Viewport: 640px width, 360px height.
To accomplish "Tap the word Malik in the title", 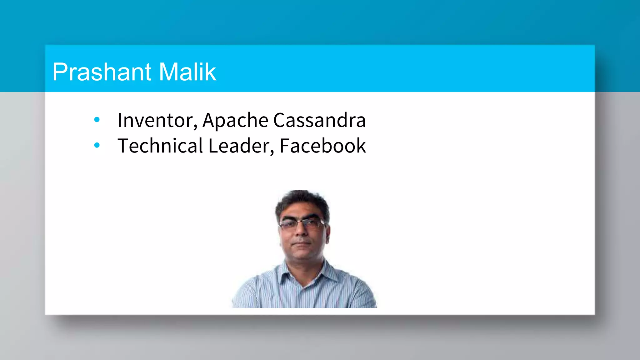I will (187, 72).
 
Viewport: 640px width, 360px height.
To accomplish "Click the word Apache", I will (235, 120).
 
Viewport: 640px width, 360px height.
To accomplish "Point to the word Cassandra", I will (319, 120).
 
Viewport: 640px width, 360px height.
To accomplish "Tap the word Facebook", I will (322, 146).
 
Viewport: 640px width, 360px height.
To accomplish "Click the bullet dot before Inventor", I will (97, 119).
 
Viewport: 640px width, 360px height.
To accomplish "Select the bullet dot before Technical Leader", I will (97, 145).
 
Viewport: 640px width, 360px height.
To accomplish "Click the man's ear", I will (328, 233).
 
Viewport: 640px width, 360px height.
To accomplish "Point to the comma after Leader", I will (272, 152).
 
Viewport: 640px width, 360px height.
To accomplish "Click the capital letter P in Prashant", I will (60, 72).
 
